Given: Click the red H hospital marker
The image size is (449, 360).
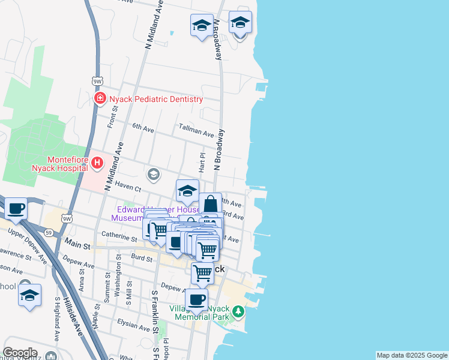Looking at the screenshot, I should (x=96, y=163).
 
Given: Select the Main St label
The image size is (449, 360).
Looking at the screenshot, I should (x=77, y=245).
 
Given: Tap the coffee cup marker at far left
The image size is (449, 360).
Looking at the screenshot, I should (x=16, y=209).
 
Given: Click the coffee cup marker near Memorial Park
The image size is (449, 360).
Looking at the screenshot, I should (x=196, y=300).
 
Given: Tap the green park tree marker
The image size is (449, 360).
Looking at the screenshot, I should (x=239, y=311).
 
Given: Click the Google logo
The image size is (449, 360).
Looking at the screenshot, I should (x=20, y=353).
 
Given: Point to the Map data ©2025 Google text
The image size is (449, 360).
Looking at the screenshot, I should (x=412, y=355).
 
